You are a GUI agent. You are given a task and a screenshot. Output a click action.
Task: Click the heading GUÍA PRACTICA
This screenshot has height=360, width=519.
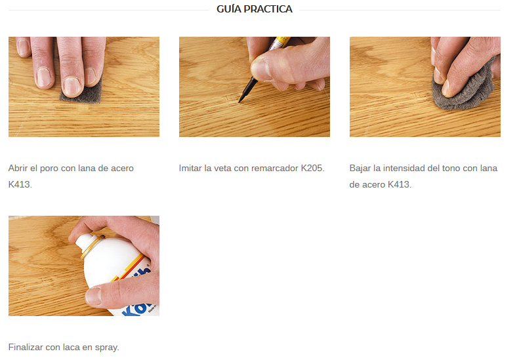click(255, 9)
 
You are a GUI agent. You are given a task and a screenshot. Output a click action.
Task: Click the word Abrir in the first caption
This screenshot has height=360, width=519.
click(19, 169)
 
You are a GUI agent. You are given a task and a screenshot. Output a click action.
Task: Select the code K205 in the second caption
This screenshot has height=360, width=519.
click(312, 169)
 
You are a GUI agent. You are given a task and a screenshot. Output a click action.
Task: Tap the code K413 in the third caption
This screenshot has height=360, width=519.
click(399, 184)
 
